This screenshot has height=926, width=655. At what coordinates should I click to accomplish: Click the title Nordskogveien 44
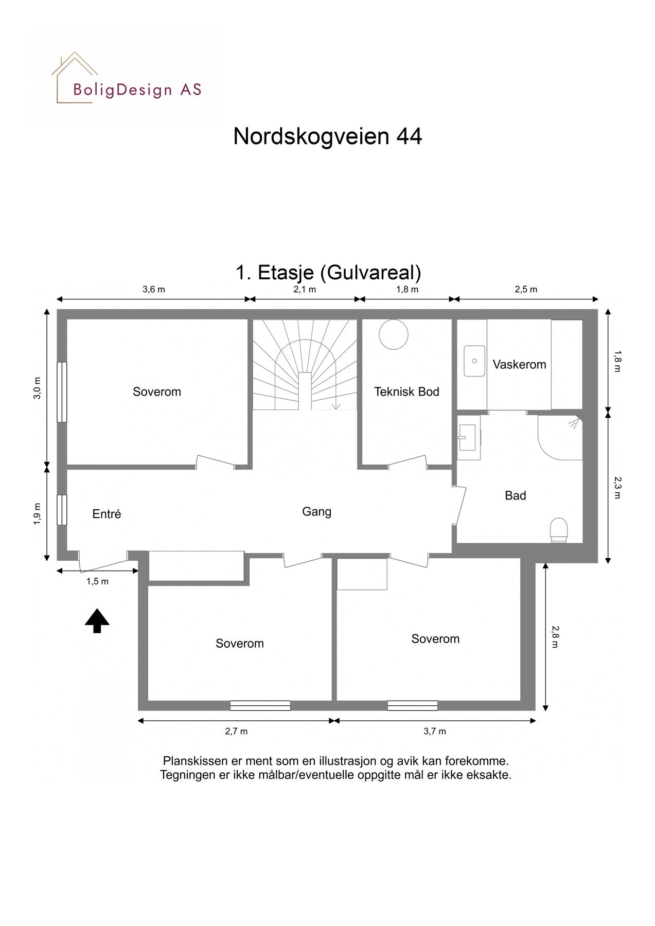(327, 137)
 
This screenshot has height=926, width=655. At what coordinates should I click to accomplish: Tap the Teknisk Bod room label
(406, 392)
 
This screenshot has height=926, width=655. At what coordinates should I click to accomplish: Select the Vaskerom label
(519, 365)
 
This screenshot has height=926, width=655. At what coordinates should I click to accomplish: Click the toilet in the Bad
(559, 530)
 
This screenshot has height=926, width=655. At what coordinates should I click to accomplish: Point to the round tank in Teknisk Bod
(394, 335)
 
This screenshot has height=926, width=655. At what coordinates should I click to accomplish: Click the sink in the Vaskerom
(474, 361)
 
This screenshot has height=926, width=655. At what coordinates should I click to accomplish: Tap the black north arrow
(97, 620)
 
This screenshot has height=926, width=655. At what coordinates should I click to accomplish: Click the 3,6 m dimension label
(154, 290)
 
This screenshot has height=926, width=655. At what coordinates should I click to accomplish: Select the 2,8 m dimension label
(554, 637)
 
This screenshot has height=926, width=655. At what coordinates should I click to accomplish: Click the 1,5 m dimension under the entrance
(97, 582)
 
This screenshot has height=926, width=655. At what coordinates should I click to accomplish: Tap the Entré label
(107, 514)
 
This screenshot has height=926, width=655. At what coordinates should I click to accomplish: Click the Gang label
(316, 512)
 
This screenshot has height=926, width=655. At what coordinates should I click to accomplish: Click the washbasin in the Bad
(467, 438)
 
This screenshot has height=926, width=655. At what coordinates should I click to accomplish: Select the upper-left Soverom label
(157, 392)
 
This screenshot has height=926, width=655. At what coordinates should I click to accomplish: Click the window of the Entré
(62, 510)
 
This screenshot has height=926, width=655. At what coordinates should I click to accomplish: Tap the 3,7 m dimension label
(435, 732)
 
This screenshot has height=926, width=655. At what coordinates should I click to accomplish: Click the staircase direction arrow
(335, 405)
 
